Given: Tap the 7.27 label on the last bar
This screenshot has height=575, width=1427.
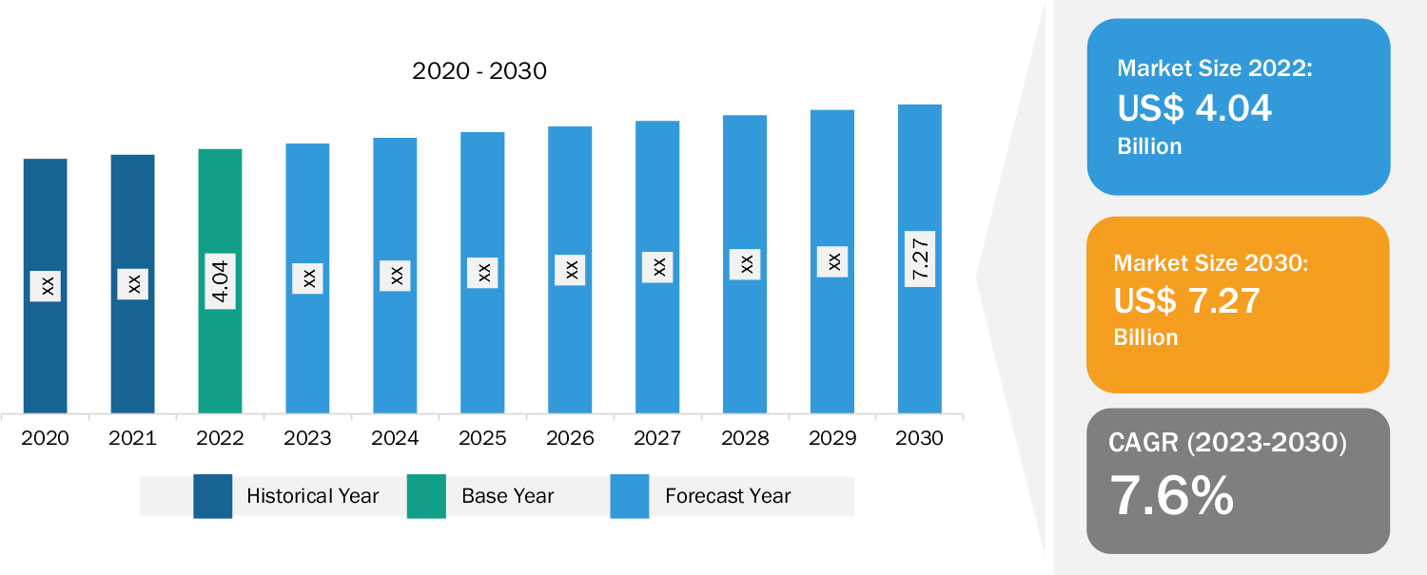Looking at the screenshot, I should pos(920,259).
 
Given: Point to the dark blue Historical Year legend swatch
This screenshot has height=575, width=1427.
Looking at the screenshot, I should pos(212,496).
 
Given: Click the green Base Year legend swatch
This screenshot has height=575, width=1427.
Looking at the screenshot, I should pos(426,496).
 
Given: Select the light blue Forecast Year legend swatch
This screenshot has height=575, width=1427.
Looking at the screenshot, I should pos(629,496).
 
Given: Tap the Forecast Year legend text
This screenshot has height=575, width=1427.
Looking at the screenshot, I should pos(728,496).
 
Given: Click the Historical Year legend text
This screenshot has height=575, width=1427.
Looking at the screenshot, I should pos(312,496).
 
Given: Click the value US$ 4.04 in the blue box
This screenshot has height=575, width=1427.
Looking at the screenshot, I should pos(1195,108).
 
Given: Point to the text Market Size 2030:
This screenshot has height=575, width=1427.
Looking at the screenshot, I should pos(1211,262).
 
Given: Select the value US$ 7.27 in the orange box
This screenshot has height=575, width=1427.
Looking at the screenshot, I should pos(1187,301).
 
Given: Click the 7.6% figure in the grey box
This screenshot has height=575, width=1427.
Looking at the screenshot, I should pos(1172,495).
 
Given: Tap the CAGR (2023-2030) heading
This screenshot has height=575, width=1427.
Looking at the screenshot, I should pos(1227,443).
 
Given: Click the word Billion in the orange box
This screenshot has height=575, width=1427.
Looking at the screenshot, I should pos(1145,337).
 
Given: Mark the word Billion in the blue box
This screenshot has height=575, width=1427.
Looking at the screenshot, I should pos(1149,146).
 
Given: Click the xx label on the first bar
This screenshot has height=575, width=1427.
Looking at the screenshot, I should pos(45,285).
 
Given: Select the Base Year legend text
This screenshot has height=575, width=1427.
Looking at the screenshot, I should pos(507,496).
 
